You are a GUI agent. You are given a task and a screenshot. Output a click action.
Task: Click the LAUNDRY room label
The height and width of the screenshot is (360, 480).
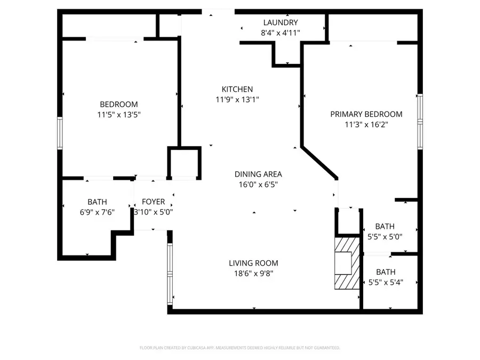(281, 22)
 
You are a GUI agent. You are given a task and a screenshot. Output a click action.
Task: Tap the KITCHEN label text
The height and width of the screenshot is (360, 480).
(237, 89)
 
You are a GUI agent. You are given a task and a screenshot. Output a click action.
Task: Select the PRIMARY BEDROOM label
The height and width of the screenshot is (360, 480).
(366, 114)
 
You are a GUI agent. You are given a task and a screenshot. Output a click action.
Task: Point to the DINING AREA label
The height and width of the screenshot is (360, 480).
(258, 174)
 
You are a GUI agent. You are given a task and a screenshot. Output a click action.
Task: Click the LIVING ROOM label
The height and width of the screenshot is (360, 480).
(253, 263)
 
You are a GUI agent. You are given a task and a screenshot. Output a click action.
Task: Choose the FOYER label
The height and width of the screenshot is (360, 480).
(153, 202)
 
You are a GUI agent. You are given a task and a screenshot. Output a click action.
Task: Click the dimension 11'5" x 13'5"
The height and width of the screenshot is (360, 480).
(119, 114)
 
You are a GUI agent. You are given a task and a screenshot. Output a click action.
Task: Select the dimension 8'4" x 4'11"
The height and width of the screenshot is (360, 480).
(281, 33)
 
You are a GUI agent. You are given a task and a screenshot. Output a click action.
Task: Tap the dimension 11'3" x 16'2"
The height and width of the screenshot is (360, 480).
(366, 124)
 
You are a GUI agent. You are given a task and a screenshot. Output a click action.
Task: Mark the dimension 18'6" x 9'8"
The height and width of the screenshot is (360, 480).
(253, 274)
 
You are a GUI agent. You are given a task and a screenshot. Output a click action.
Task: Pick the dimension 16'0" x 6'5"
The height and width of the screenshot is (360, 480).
(258, 185)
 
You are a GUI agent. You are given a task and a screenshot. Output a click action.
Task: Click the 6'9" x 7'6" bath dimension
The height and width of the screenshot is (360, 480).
(97, 212)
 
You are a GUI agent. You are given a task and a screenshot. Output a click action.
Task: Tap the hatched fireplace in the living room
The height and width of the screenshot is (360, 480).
(343, 263)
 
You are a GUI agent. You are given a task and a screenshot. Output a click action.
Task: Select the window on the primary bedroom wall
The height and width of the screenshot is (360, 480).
(420, 122)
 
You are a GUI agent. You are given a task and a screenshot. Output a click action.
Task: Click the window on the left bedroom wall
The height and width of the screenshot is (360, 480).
(60, 133)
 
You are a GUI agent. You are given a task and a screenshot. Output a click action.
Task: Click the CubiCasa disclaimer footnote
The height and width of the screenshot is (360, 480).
(239, 348)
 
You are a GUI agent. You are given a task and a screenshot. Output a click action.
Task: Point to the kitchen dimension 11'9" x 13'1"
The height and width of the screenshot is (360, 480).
(237, 99)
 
